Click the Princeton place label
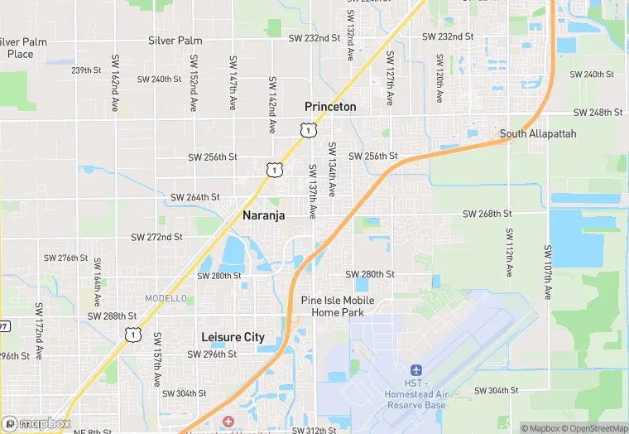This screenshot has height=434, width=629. coord(330,107)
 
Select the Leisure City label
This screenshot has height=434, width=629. coord(233,337)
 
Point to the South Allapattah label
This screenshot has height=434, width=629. coord(538,133)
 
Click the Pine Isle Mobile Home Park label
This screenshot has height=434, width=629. coord(338,306)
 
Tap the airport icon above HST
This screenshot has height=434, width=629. coord(416,369)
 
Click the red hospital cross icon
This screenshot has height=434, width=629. coord(228,422)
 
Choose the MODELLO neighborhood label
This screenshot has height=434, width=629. coord(166,298)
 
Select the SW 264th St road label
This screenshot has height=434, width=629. coord(195,197)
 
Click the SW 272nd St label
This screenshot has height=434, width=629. coord(156,237)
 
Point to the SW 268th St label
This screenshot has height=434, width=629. coord(487,214)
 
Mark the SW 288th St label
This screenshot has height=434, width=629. coord(113,316)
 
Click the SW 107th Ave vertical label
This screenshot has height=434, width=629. coord(548,272)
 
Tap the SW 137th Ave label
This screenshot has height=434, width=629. coord(313,191)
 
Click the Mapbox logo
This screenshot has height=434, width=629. coord(36,423)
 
